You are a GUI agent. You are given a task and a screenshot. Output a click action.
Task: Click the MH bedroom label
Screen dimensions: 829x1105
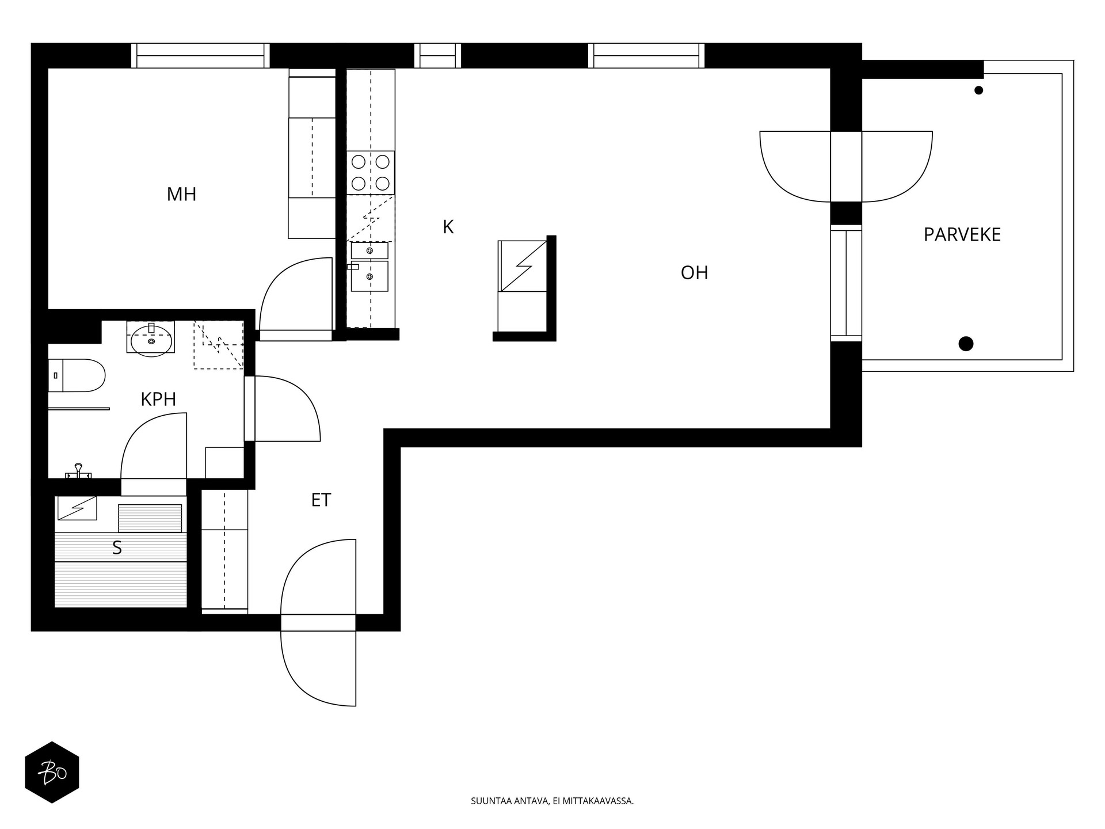point(181,195)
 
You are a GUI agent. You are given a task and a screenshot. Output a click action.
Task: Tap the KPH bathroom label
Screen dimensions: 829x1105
point(158,399)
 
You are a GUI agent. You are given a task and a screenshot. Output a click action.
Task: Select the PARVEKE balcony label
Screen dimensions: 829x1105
point(962,235)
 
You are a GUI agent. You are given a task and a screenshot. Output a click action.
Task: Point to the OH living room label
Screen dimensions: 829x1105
point(694,273)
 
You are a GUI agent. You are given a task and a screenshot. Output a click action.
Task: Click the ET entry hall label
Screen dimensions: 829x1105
point(321,500)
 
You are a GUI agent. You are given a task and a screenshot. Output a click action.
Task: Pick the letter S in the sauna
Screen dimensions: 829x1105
point(117,548)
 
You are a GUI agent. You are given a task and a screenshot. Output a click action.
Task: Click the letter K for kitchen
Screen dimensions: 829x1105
point(448,227)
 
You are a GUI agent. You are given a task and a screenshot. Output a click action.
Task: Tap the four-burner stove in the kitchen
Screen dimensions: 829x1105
point(371,173)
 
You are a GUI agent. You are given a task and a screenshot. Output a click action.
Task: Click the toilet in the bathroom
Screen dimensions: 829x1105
point(78,375)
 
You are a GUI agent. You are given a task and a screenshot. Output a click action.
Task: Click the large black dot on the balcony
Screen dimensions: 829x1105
point(966,344)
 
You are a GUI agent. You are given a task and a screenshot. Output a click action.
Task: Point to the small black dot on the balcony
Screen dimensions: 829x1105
point(978,90)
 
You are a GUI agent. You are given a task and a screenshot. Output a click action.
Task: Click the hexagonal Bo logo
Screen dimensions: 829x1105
point(52,772)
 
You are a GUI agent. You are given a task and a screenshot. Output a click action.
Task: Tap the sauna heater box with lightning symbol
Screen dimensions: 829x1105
point(77,508)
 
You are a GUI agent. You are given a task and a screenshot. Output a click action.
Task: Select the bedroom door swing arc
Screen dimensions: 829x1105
point(288,288)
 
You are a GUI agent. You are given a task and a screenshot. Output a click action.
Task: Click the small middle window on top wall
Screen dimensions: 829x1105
point(437,56)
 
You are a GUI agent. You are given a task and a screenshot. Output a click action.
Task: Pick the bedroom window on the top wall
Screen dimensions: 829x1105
point(200,56)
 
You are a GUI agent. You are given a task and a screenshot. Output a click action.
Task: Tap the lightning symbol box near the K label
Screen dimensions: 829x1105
point(523,266)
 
